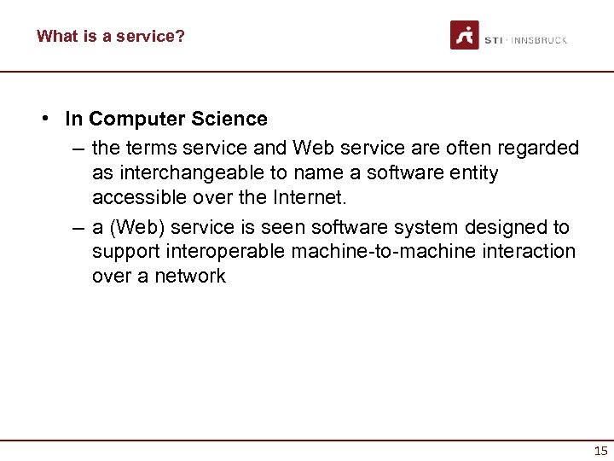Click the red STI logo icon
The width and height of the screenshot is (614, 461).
(x=465, y=35)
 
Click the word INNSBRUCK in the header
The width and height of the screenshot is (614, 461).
(x=539, y=40)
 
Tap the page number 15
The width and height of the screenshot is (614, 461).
(x=600, y=451)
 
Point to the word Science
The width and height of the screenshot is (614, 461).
(x=233, y=119)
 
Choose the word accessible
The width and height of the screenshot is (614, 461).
(x=136, y=197)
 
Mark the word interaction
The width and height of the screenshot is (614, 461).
(x=533, y=251)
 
